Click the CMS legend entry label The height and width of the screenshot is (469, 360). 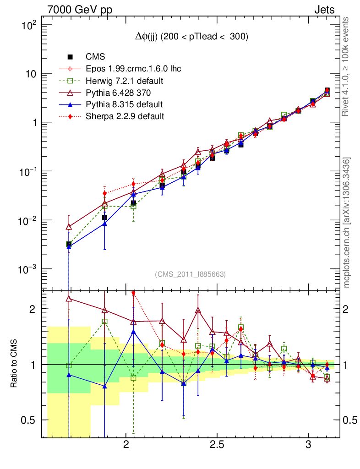point(95,57)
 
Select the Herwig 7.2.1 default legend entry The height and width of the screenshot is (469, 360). point(125,81)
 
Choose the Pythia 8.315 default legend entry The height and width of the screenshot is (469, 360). point(124,104)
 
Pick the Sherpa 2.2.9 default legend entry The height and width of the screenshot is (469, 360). point(125,116)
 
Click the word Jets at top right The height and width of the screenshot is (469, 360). point(324,10)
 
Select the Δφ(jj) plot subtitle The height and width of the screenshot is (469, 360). point(191,37)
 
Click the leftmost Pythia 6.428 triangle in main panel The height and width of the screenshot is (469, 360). point(69,227)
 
